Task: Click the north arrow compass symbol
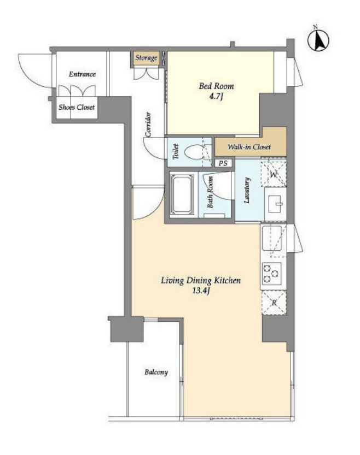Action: pyautogui.click(x=318, y=39)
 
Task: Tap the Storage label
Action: pyautogui.click(x=146, y=58)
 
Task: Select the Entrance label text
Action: pyautogui.click(x=82, y=74)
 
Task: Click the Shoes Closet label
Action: pyautogui.click(x=77, y=108)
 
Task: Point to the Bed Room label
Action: pyautogui.click(x=216, y=86)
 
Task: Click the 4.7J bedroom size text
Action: pyautogui.click(x=216, y=96)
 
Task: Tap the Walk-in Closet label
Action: pyautogui.click(x=249, y=147)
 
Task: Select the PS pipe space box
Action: pyautogui.click(x=223, y=163)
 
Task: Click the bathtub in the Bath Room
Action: pyautogui.click(x=182, y=194)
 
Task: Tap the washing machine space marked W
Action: pyautogui.click(x=274, y=174)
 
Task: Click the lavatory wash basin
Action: pyautogui.click(x=275, y=204)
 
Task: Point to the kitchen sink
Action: pyautogui.click(x=272, y=239)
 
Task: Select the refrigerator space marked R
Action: pyautogui.click(x=274, y=303)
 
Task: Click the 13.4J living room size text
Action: pyautogui.click(x=201, y=291)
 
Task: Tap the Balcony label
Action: pyautogui.click(x=156, y=373)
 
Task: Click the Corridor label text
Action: pyautogui.click(x=148, y=124)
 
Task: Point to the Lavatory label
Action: pyautogui.click(x=247, y=190)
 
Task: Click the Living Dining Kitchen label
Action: pyautogui.click(x=201, y=281)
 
